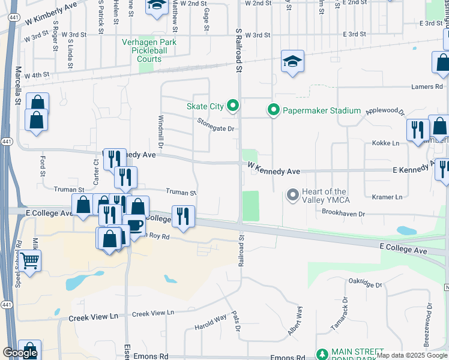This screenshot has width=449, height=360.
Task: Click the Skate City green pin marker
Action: click(232, 106)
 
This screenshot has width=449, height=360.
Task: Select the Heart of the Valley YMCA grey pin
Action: click(293, 194)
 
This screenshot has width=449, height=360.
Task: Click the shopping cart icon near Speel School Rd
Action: click(29, 261)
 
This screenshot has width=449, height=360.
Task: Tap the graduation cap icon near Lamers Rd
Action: click(292, 62)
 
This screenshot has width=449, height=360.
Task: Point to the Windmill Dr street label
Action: click(161, 132)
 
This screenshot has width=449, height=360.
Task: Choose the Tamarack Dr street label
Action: click(339, 314)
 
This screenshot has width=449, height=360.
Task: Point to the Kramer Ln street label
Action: click(387, 197)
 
